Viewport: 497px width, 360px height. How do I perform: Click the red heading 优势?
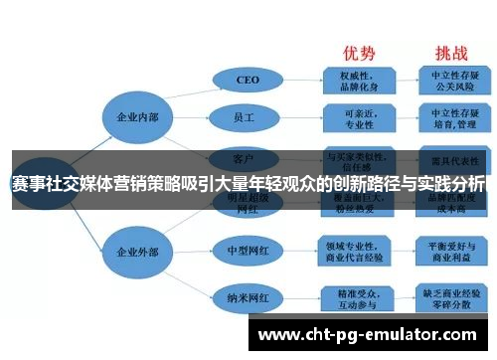[x=360, y=53]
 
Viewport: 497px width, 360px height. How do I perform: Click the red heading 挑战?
[x=442, y=53]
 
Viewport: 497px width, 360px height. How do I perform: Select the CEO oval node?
[x=248, y=80]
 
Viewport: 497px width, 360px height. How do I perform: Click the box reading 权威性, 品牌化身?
[x=357, y=79]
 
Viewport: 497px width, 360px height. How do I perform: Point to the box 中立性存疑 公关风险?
[x=443, y=79]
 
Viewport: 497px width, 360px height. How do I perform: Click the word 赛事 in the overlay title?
[x=27, y=184]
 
